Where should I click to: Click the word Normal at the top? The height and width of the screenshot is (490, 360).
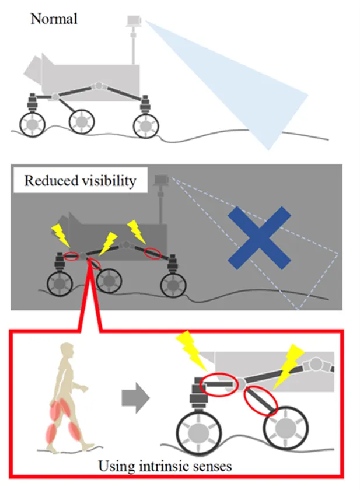click(54, 19)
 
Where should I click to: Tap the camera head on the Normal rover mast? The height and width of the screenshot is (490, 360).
click(134, 20)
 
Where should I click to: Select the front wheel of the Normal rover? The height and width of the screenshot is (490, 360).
click(146, 125)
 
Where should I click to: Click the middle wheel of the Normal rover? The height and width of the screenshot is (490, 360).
click(82, 121)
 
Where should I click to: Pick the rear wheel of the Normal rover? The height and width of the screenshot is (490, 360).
click(33, 124)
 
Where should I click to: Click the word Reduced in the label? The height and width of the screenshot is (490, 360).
click(50, 181)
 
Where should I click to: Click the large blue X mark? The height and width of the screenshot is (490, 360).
click(260, 238)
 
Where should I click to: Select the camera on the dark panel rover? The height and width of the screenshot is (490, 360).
click(162, 180)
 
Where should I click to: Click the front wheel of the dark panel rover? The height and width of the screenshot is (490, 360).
click(173, 285)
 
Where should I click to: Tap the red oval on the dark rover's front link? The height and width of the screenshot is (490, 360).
click(153, 253)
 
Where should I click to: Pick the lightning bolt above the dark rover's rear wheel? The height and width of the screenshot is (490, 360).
click(60, 232)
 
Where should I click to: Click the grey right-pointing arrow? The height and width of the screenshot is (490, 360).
click(135, 398)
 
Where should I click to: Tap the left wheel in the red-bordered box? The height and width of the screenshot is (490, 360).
click(199, 432)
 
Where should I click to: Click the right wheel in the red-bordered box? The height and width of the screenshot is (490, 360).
click(286, 428)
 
